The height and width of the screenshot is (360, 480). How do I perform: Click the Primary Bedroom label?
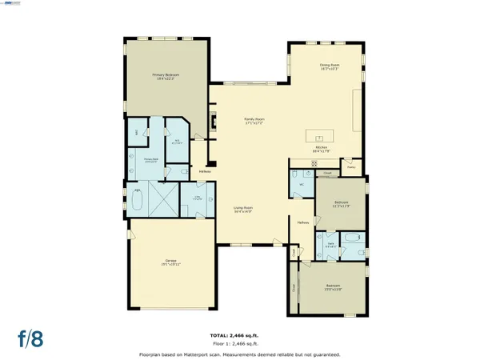click(x=166, y=77)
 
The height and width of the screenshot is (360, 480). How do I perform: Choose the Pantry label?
click(x=350, y=167)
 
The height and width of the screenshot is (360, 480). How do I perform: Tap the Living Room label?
click(x=243, y=210)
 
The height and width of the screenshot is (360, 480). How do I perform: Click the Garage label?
click(x=171, y=262)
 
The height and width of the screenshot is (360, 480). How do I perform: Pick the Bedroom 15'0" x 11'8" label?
click(x=333, y=287)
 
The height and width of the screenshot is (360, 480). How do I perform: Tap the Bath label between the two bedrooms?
click(x=330, y=244)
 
